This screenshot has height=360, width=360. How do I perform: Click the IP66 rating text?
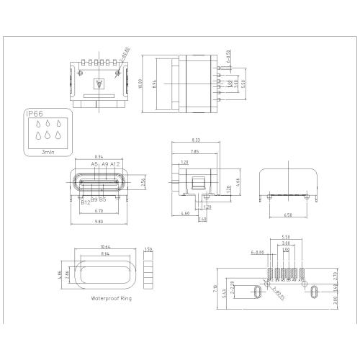click(32, 114)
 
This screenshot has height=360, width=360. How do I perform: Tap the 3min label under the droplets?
click(48, 152)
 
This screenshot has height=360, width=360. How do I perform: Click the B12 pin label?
click(86, 202)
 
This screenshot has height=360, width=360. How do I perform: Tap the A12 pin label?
click(114, 165)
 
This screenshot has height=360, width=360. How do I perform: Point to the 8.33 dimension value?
click(197, 140)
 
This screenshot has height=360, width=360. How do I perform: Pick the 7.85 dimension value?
click(194, 150)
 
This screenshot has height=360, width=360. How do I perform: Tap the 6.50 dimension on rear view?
click(287, 215)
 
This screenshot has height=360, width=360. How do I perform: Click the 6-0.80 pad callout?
click(256, 253)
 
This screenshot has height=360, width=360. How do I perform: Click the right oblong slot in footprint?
click(315, 292)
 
